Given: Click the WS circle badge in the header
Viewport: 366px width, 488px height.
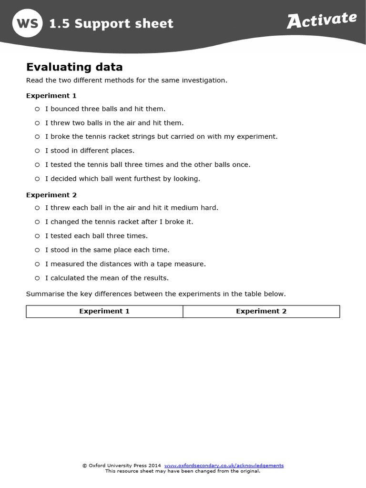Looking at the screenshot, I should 27,23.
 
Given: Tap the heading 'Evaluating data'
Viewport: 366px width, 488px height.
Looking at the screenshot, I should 74,67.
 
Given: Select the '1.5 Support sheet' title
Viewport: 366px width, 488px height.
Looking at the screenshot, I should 112,23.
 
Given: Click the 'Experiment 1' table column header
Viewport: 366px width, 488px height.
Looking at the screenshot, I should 104,311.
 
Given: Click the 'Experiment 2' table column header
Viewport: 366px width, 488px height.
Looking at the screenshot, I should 261,311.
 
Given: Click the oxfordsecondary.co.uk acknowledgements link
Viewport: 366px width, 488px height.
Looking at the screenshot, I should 224,465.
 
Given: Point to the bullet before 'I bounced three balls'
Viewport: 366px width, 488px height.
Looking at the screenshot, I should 37,109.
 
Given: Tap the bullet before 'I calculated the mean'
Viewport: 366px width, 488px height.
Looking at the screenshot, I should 37,278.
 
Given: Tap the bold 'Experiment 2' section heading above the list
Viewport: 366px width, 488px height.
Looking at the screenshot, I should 51,195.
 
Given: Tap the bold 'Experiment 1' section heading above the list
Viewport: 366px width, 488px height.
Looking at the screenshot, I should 51,95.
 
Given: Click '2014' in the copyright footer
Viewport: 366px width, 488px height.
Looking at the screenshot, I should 154,465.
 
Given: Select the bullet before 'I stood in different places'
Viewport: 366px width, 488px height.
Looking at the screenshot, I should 37,151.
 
